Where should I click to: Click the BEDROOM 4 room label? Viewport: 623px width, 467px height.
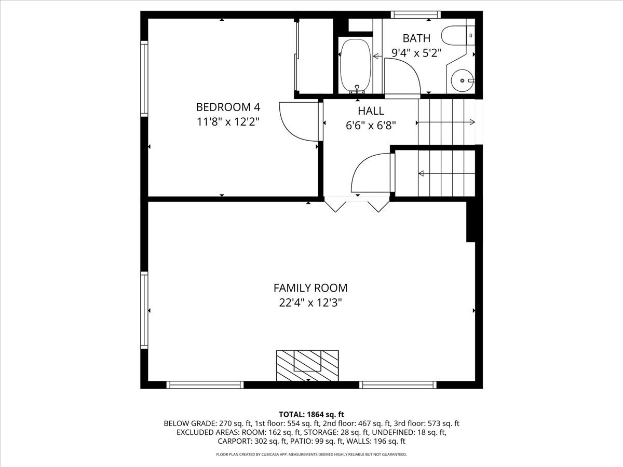pyautogui.click(x=227, y=107)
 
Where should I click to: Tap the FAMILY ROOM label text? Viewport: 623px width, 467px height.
pyautogui.click(x=310, y=288)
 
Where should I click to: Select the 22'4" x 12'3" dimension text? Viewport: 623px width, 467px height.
pyautogui.click(x=310, y=303)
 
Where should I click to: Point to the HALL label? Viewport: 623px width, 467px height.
pyautogui.click(x=371, y=111)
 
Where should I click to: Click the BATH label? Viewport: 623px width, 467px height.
pyautogui.click(x=416, y=38)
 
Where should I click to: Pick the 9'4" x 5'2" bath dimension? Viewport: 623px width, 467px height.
pyautogui.click(x=416, y=52)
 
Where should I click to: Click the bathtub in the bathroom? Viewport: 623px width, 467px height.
pyautogui.click(x=356, y=65)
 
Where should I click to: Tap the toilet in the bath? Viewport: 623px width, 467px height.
pyautogui.click(x=457, y=36)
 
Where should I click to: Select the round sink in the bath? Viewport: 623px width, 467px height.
pyautogui.click(x=462, y=80)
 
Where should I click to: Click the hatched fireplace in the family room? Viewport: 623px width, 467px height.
pyautogui.click(x=307, y=365)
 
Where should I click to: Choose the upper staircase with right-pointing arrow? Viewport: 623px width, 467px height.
pyautogui.click(x=446, y=122)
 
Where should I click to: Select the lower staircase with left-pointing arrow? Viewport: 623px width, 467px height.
pyautogui.click(x=446, y=173)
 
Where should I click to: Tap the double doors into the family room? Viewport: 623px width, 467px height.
pyautogui.click(x=357, y=204)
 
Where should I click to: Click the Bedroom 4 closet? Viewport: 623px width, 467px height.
pyautogui.click(x=315, y=56)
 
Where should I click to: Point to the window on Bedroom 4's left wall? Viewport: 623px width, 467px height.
pyautogui.click(x=144, y=77)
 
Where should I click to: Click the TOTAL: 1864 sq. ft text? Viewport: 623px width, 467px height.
pyautogui.click(x=311, y=414)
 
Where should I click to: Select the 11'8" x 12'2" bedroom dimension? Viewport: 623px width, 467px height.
pyautogui.click(x=227, y=122)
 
